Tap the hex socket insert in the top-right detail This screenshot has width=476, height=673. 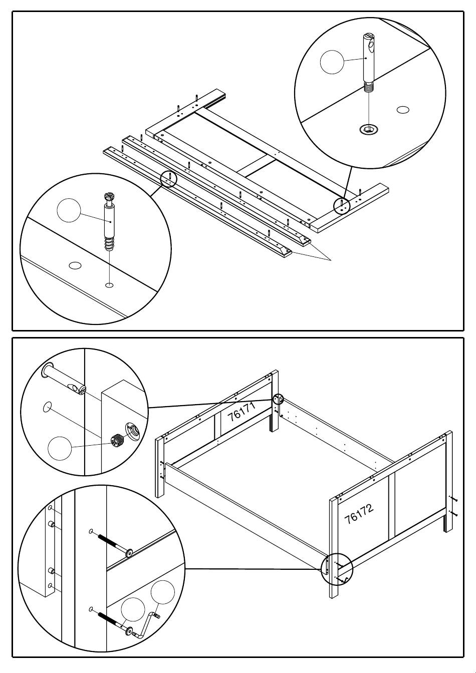tap(368, 130)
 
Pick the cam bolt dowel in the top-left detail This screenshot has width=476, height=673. tap(109, 220)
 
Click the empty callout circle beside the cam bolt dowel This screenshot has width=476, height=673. tap(69, 210)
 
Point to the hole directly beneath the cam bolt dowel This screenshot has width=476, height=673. tap(109, 285)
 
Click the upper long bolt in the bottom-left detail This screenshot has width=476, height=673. tap(113, 544)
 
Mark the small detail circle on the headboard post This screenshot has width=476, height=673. tap(278, 399)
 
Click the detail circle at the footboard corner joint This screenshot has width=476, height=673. tap(337, 568)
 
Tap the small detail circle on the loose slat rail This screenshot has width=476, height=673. tap(169, 179)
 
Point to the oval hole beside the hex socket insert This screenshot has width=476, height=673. tap(403, 109)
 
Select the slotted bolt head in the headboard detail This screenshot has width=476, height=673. tap(79, 389)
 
